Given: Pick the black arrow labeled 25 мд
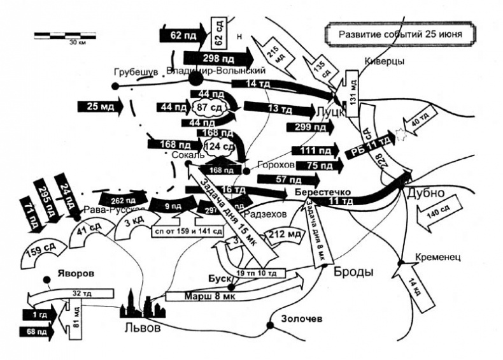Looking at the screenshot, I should (x=99, y=106).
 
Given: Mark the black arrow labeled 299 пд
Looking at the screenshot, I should (x=309, y=127).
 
